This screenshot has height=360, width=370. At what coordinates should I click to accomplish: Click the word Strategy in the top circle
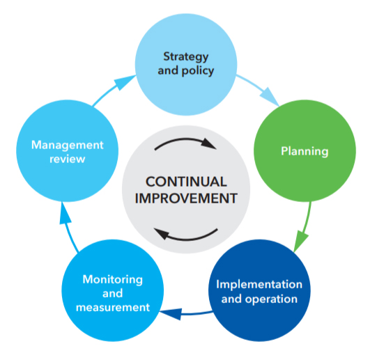tap(185, 55)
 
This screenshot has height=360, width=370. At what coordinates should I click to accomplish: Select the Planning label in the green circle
tap(304, 150)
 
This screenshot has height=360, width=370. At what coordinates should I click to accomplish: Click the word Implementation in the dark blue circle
tap(259, 284)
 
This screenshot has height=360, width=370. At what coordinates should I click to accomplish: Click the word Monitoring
tap(112, 279)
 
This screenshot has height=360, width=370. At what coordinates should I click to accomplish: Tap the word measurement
tap(112, 306)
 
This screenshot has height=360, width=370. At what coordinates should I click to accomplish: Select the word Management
tap(67, 145)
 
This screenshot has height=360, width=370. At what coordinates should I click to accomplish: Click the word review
tap(67, 159)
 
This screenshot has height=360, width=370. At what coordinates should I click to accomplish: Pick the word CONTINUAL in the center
tap(185, 182)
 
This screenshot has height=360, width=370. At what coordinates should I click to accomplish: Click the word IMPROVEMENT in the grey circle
tap(185, 198)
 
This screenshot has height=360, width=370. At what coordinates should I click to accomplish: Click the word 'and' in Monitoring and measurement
tap(112, 292)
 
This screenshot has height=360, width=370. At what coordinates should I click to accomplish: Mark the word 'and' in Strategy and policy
tap(169, 70)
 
